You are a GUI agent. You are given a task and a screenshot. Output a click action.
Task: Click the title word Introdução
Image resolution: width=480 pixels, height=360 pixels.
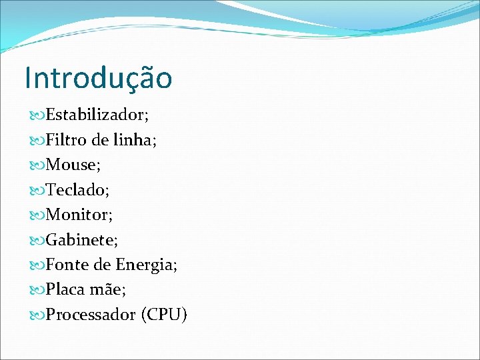click(98, 77)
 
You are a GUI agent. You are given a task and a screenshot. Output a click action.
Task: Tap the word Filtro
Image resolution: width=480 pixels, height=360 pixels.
click(67, 141)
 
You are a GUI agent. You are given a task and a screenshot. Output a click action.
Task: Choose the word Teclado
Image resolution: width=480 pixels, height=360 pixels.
click(76, 191)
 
